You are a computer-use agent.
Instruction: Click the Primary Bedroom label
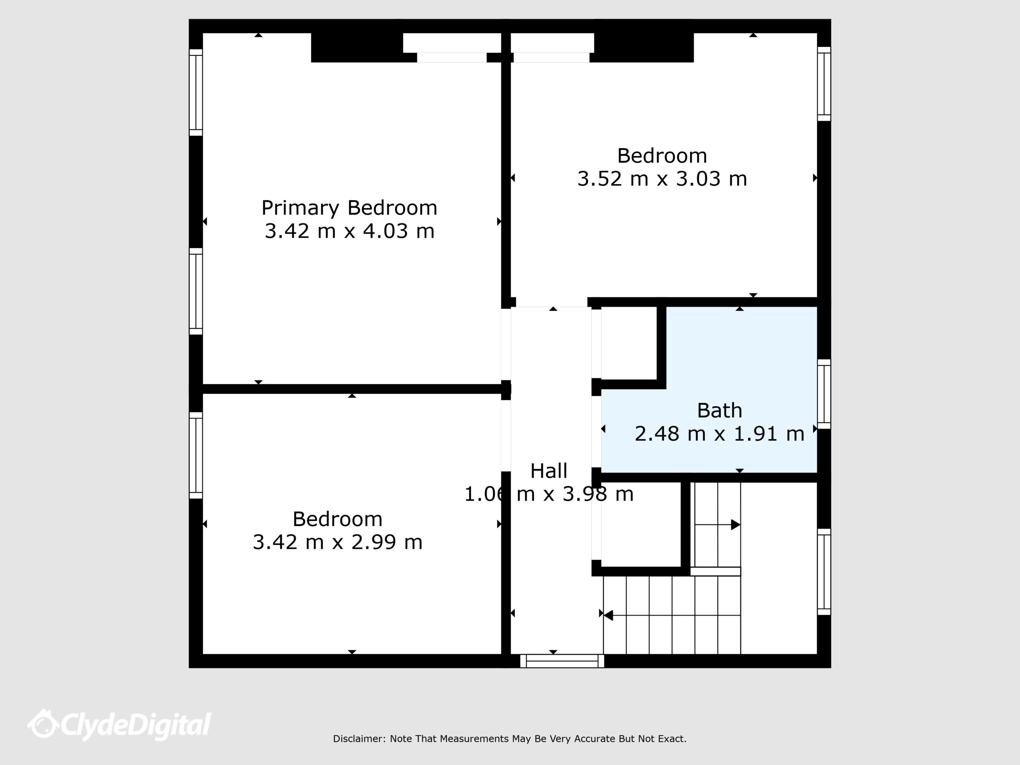pyautogui.click(x=349, y=208)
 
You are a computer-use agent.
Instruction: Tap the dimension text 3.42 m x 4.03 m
pyautogui.click(x=349, y=231)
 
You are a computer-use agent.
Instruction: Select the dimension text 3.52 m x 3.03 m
pyautogui.click(x=662, y=179)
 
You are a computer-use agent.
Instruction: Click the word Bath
pyautogui.click(x=719, y=410)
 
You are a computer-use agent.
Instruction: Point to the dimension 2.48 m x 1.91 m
pyautogui.click(x=719, y=433)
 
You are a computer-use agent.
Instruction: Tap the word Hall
pyautogui.click(x=549, y=471)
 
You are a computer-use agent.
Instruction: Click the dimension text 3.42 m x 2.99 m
pyautogui.click(x=337, y=542)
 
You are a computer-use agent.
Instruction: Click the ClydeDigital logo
pyautogui.click(x=119, y=724)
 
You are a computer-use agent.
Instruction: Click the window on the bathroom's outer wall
pyautogui.click(x=824, y=394)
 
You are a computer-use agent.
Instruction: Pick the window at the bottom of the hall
pyautogui.click(x=562, y=661)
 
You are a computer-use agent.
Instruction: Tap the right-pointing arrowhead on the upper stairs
pyautogui.click(x=736, y=525)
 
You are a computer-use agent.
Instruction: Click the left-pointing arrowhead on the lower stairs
pyautogui.click(x=608, y=615)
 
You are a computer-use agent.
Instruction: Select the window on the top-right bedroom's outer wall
pyautogui.click(x=824, y=84)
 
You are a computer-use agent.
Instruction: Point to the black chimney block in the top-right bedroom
pyautogui.click(x=644, y=47)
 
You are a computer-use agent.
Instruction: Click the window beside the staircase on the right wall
pyautogui.click(x=824, y=572)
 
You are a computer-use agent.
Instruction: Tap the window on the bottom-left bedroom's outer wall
pyautogui.click(x=196, y=455)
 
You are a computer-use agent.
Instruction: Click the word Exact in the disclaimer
pyautogui.click(x=673, y=739)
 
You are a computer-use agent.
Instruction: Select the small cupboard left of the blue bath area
pyautogui.click(x=629, y=343)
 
